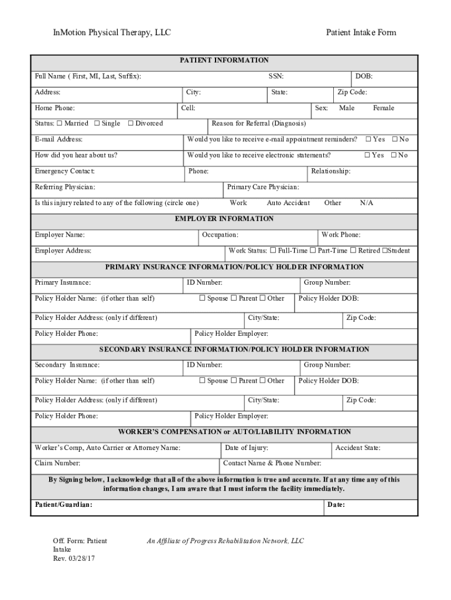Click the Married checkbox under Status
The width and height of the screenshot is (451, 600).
coord(60,124)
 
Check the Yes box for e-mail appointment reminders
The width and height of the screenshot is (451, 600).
coord(368,139)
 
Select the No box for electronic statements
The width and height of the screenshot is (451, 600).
coord(394,155)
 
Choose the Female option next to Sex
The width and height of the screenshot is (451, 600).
coord(384,108)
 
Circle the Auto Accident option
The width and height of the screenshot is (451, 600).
coord(288,203)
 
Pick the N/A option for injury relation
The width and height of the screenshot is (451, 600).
coord(367,203)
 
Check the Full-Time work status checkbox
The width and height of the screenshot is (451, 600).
coord(273,251)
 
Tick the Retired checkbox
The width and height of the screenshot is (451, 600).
coord(353,251)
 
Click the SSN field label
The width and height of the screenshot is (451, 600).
coord(276,76)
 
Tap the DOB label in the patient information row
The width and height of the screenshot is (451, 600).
coord(364,76)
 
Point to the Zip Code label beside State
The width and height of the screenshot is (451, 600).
coord(352,92)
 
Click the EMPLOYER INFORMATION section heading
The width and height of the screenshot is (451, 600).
coord(224,219)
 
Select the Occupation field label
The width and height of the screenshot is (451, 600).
coord(220,234)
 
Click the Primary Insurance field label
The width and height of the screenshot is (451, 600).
coord(63,282)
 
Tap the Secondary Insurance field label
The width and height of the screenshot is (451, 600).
coord(67,365)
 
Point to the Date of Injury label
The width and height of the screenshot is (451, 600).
coord(247,448)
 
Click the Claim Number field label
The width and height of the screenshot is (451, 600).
coord(57,463)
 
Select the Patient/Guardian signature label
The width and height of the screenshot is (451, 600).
coord(64,504)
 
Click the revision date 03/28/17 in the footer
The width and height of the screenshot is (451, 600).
coord(83,558)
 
